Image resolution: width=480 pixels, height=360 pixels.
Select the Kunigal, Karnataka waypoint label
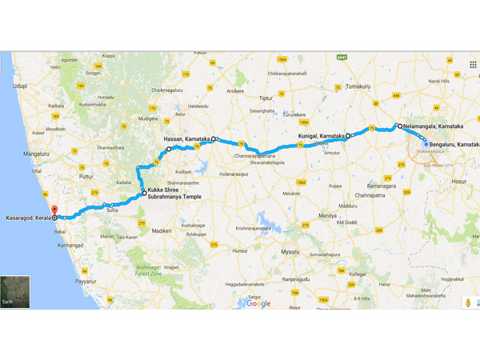[321, 136]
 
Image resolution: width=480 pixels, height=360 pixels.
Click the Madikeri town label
[161, 230]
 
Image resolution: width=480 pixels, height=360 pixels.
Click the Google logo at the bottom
[258, 303]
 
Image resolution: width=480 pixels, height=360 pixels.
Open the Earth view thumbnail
[15, 292]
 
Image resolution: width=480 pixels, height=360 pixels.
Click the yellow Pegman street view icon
[466, 303]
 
